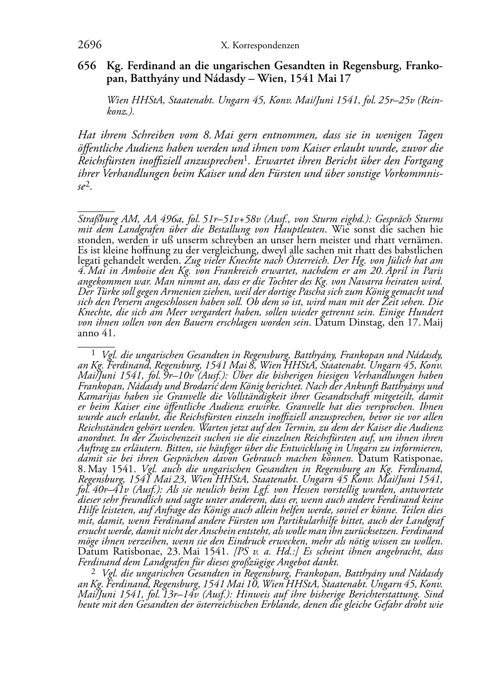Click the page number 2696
tap(90, 45)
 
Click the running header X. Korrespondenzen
tap(260, 46)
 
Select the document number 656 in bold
tap(87, 66)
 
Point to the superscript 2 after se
tap(88, 183)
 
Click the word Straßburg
tap(95, 219)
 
